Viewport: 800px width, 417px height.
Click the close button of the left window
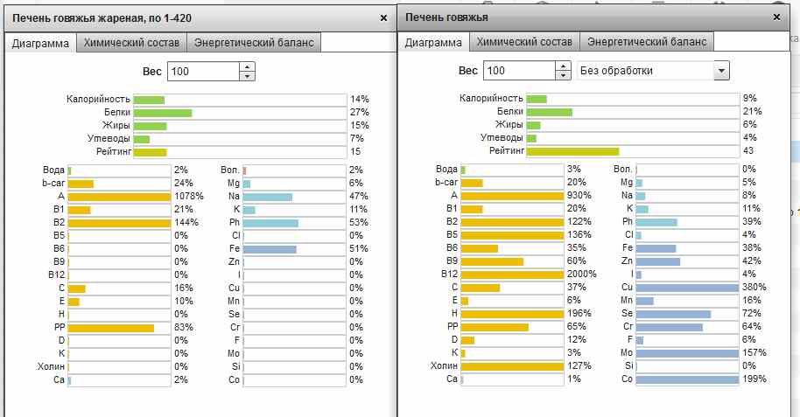(383, 17)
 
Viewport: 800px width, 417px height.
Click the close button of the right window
(776, 17)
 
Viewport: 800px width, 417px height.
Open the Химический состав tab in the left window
(131, 42)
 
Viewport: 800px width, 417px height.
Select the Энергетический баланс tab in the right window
(649, 42)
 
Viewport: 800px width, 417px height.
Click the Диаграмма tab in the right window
(433, 42)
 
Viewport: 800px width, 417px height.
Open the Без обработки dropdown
(653, 71)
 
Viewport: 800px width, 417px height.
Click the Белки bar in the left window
(163, 113)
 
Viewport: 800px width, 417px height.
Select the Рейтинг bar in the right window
(572, 151)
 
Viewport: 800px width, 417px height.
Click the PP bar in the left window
(111, 328)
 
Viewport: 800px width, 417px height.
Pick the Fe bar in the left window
(270, 248)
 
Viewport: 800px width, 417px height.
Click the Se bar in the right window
(673, 313)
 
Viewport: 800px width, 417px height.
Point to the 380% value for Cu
(754, 287)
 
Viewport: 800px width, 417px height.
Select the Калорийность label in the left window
(99, 100)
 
